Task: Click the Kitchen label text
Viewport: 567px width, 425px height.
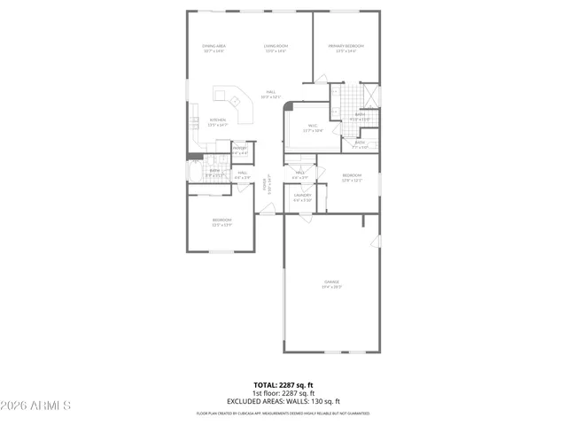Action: pos(217,120)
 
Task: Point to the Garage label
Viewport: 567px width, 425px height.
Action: pos(330,282)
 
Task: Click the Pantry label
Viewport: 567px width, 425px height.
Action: pos(240,148)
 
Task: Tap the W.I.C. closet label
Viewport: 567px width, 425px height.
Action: pos(313,126)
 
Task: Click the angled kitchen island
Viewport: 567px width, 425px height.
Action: pos(235,101)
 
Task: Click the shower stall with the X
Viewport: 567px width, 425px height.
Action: pos(369,95)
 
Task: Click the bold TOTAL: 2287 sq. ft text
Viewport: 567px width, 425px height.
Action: pos(284,385)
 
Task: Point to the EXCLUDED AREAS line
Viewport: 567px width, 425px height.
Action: pos(284,401)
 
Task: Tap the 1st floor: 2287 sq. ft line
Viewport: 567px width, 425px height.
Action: pos(284,393)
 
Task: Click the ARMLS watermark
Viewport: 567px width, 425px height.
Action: pos(38,406)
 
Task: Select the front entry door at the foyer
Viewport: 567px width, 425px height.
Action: pos(266,209)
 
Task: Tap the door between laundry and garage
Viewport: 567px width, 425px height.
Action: pos(306,215)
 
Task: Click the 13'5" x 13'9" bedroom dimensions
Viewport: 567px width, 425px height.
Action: pos(221,225)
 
